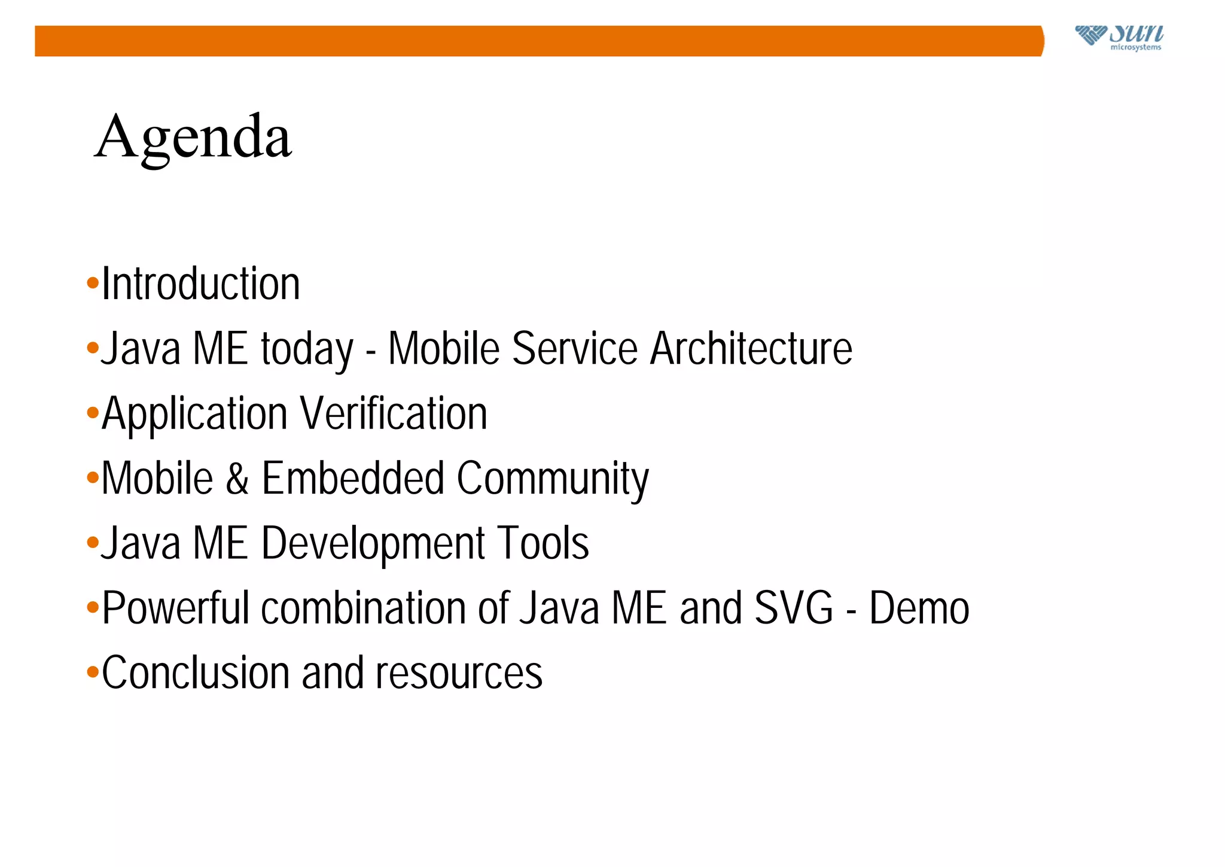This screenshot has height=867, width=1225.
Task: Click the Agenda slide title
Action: pyautogui.click(x=193, y=138)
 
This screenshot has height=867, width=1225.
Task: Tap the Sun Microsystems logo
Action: pyautogui.click(x=1119, y=37)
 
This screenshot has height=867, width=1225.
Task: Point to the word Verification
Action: pyautogui.click(x=394, y=413)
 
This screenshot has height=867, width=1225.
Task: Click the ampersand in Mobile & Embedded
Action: pyautogui.click(x=237, y=479)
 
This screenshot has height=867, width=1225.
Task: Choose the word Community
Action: pyautogui.click(x=553, y=480)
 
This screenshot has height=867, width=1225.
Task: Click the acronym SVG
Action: pyautogui.click(x=793, y=608)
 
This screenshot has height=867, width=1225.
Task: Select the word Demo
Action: pyautogui.click(x=919, y=608)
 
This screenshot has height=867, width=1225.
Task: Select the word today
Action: pyautogui.click(x=307, y=349)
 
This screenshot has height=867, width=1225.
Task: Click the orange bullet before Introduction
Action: pyautogui.click(x=92, y=282)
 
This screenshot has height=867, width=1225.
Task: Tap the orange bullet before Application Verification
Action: pyautogui.click(x=92, y=412)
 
